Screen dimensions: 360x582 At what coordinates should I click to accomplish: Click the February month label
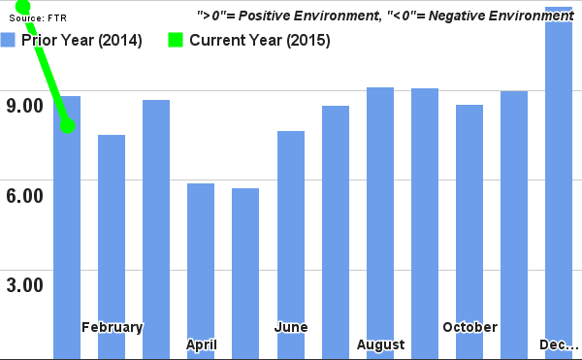113,327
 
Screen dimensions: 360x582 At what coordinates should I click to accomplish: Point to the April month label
201,344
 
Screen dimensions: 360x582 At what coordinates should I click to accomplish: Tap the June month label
291,327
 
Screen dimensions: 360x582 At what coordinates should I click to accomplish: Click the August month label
380,344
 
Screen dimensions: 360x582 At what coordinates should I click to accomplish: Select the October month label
469,327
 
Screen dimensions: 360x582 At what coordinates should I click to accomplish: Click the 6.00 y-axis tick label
23,195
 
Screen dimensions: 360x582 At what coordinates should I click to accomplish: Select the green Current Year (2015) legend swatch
176,41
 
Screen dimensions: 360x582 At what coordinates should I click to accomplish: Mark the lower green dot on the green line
67,125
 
